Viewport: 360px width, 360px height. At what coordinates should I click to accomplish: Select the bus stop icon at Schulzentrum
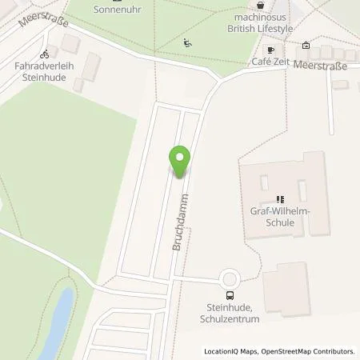[x=231, y=294]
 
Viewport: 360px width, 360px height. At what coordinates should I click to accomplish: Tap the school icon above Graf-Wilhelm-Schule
[x=280, y=199]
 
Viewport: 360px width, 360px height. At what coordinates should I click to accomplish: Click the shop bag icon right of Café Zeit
[x=306, y=46]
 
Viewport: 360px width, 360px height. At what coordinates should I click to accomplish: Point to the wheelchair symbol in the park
[x=187, y=42]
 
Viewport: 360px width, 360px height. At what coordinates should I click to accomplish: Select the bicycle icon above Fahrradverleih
[x=46, y=54]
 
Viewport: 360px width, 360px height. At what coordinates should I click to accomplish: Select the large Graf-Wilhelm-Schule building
[x=284, y=194]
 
